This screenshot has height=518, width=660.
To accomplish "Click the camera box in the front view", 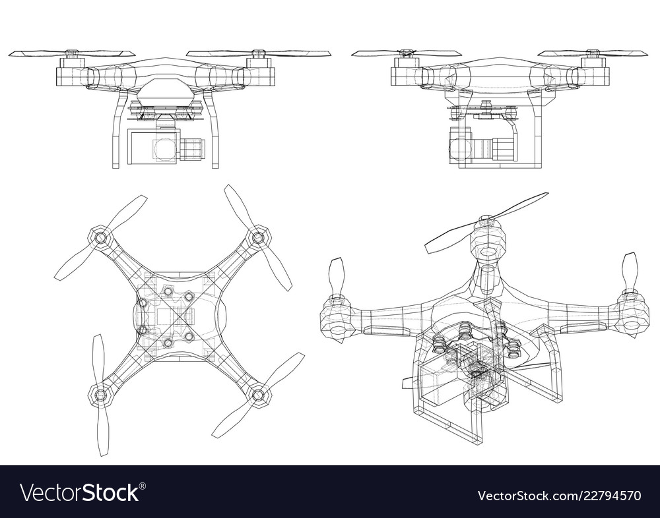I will [153, 146].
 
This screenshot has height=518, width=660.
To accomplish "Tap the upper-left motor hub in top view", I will [100, 238].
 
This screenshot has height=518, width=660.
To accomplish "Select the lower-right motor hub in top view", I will [258, 395].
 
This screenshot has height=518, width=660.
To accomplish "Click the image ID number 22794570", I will [608, 494].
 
